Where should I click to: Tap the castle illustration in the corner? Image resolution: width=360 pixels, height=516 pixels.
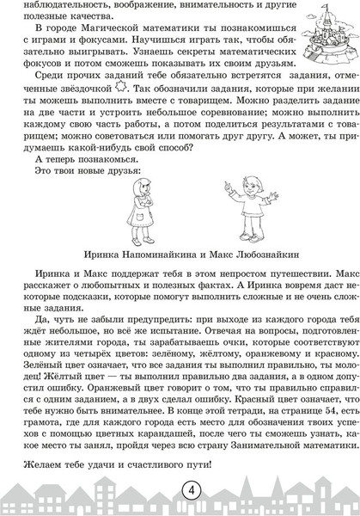pyautogui.click(x=320, y=37)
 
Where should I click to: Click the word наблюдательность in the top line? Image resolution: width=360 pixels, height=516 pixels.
pyautogui.click(x=52, y=5)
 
